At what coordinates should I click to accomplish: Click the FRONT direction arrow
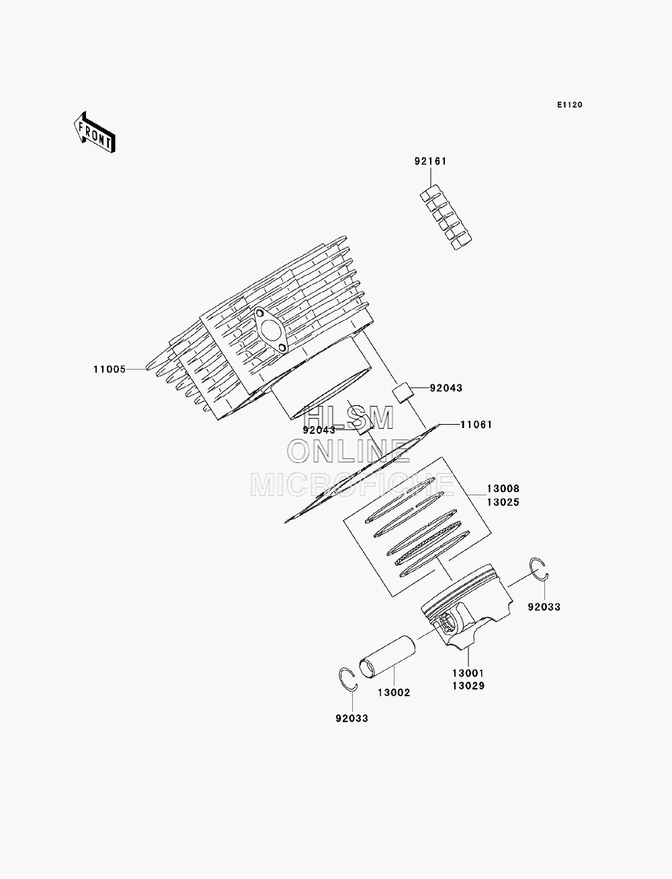click(95, 132)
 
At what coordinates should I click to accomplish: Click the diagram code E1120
click(569, 105)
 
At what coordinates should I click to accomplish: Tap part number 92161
click(430, 161)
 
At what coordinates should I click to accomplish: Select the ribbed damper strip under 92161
click(446, 218)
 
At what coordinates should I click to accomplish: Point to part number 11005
click(110, 369)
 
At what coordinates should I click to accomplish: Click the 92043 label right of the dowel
click(446, 388)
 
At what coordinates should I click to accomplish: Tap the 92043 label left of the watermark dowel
click(319, 430)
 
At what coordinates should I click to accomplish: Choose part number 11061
click(476, 425)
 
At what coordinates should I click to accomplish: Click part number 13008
click(503, 489)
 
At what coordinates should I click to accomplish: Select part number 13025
click(503, 502)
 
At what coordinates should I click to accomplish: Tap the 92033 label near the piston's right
click(544, 607)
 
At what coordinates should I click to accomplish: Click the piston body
click(467, 606)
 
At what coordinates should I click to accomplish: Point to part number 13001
click(468, 673)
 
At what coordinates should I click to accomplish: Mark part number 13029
click(468, 686)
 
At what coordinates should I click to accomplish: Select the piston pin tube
click(387, 657)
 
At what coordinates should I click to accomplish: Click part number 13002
click(394, 693)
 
